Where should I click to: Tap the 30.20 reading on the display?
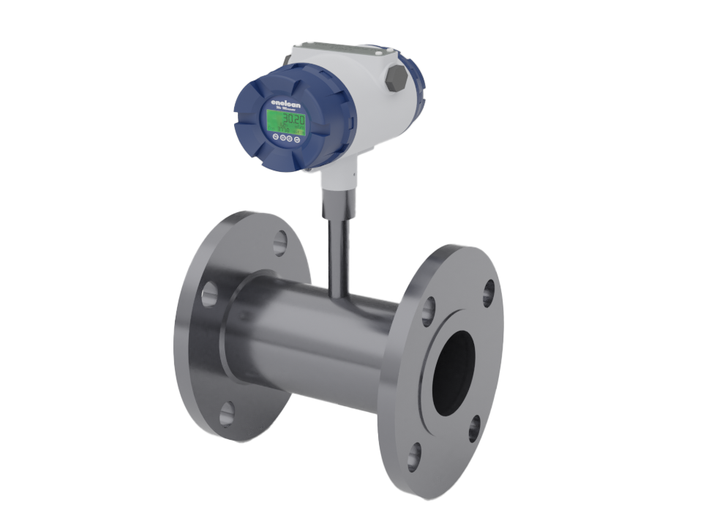(x=294, y=119)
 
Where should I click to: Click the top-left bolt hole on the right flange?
(x=429, y=310)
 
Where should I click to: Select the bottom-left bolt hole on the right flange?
(x=414, y=456)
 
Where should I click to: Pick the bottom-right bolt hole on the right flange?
(x=475, y=428)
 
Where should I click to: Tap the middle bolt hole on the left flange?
(x=209, y=294)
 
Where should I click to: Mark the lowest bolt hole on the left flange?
(x=227, y=413)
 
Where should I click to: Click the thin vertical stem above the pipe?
(x=335, y=249)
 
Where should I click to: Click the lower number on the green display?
(x=283, y=130)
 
